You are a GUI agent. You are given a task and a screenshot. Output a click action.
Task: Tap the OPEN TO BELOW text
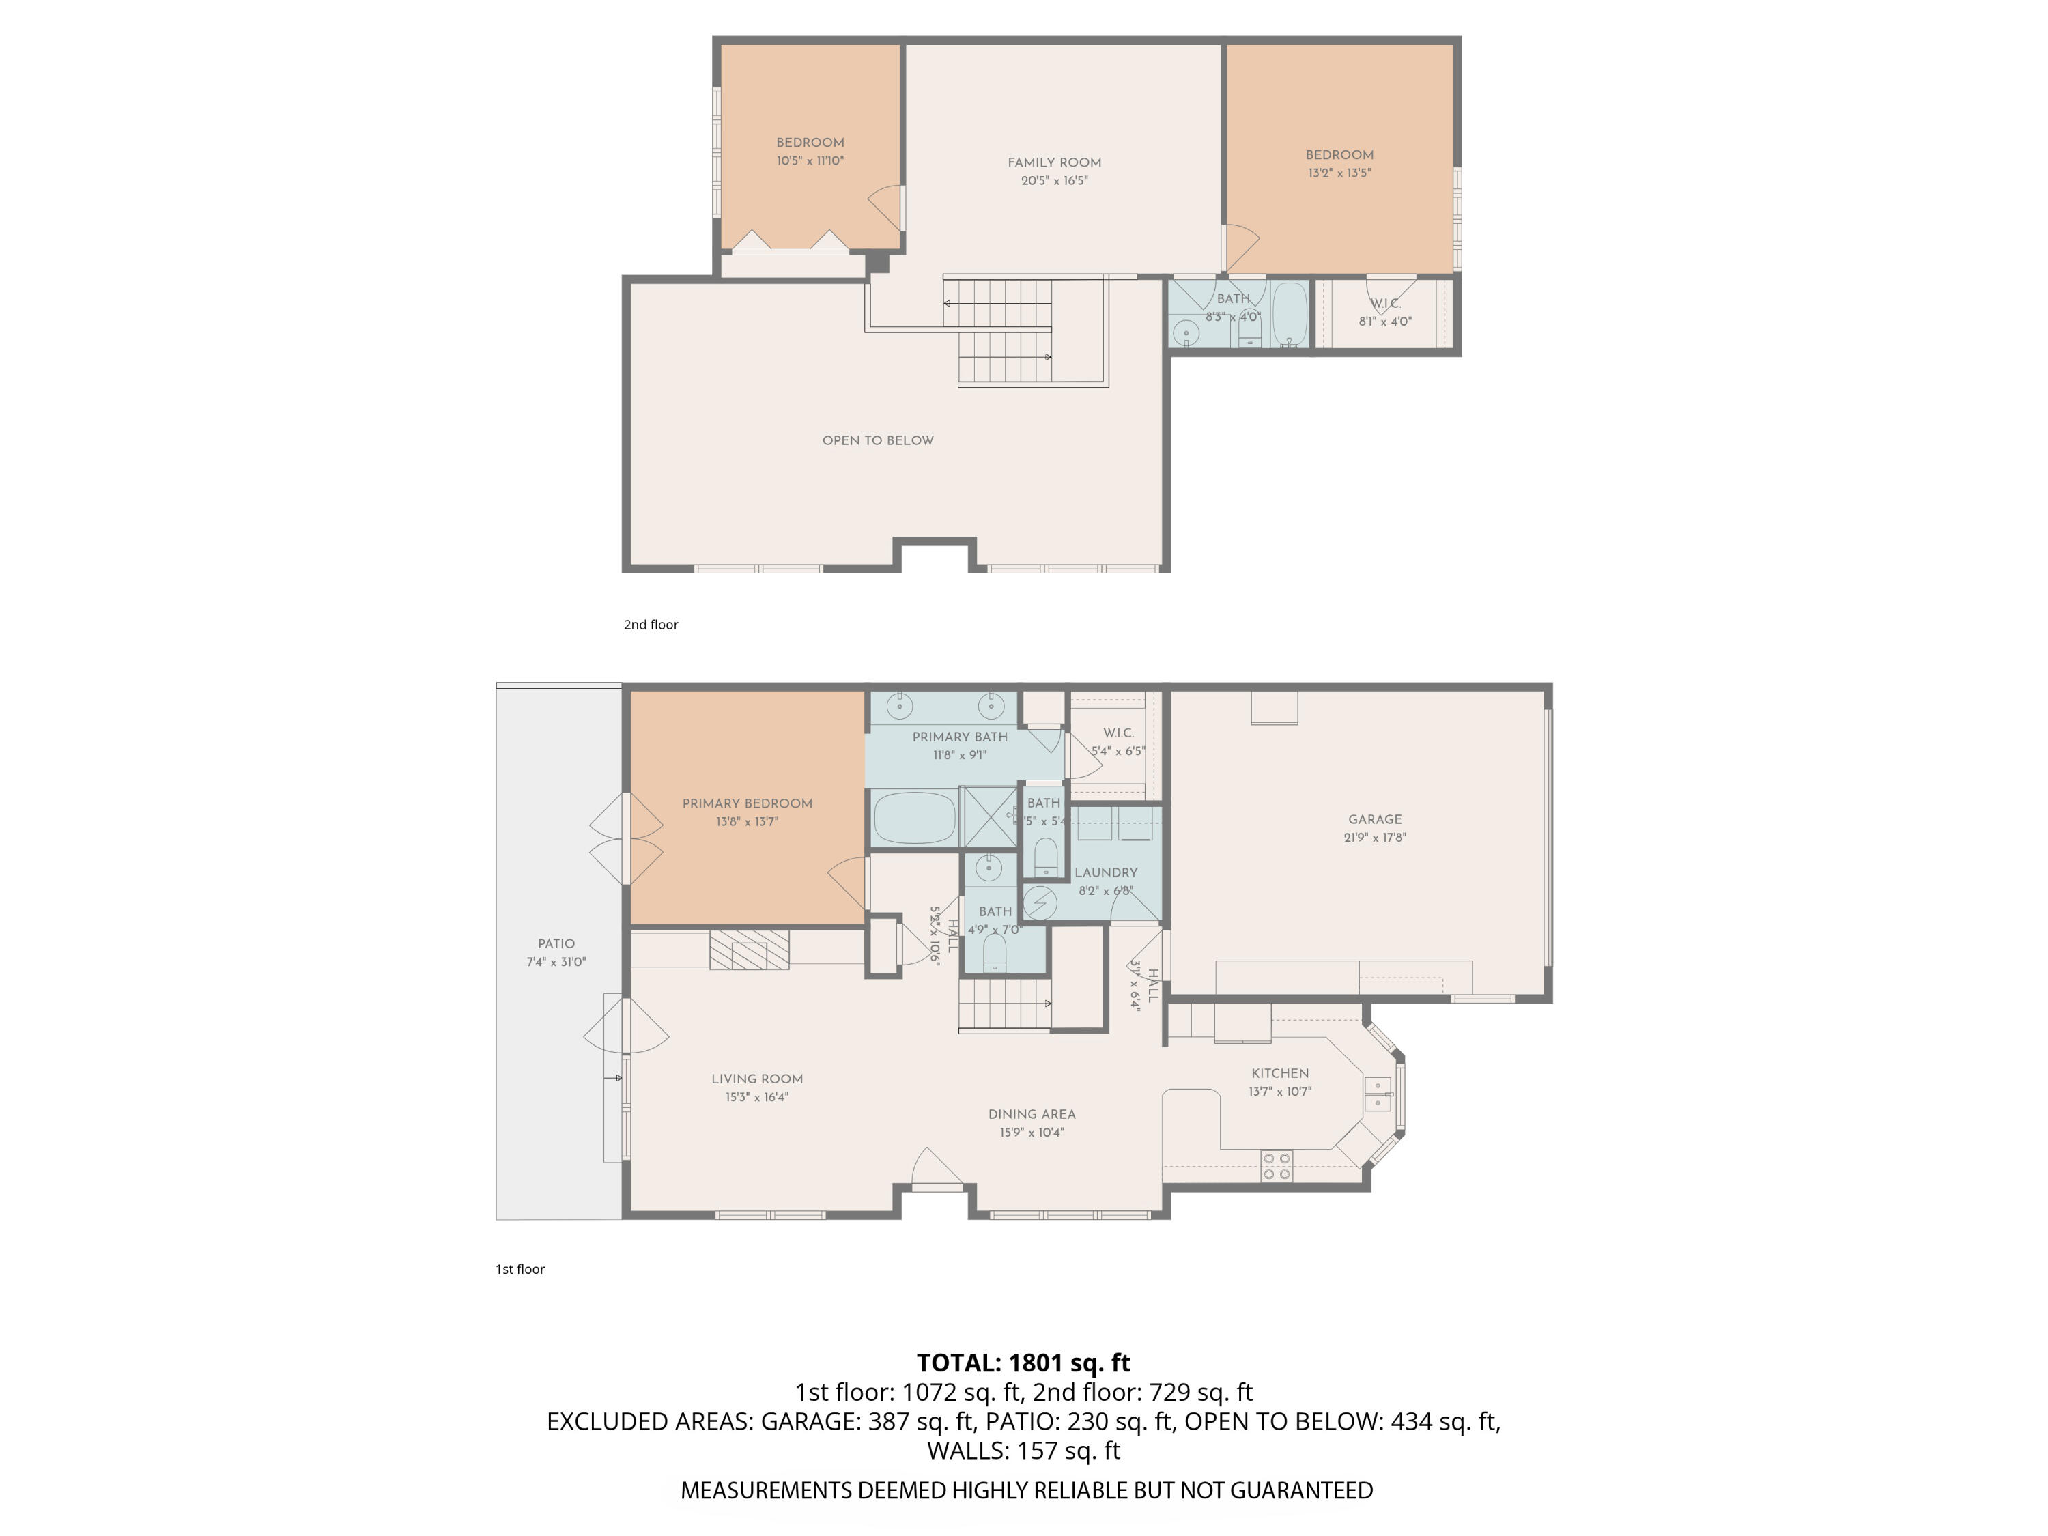click(x=878, y=441)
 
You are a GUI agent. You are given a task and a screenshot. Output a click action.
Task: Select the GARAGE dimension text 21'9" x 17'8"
click(x=1375, y=838)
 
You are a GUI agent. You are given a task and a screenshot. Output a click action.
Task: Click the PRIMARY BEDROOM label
click(x=747, y=803)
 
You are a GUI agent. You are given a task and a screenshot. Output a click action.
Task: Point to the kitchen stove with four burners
click(x=1277, y=1166)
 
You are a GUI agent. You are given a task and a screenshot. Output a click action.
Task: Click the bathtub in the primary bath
click(x=915, y=818)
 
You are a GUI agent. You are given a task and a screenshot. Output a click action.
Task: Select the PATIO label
click(x=556, y=943)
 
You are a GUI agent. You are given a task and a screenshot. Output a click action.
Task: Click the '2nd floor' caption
click(x=651, y=625)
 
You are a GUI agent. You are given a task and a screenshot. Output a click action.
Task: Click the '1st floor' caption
click(x=520, y=1269)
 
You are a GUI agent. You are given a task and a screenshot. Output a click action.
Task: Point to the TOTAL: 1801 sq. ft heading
click(x=1023, y=1363)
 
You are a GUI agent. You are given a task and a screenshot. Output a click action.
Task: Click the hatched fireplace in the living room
click(x=749, y=951)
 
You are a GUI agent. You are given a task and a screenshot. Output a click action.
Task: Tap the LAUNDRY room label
click(x=1105, y=873)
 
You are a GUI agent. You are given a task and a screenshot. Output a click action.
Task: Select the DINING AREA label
click(x=1032, y=1115)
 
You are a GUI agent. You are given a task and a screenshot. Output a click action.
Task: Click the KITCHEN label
click(x=1279, y=1073)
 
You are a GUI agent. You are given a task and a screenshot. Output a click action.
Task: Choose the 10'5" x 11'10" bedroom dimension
click(x=810, y=161)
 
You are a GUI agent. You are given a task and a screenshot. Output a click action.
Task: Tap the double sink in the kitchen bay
click(x=1377, y=1094)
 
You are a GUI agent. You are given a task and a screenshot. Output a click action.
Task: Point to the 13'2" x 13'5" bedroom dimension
click(x=1339, y=173)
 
